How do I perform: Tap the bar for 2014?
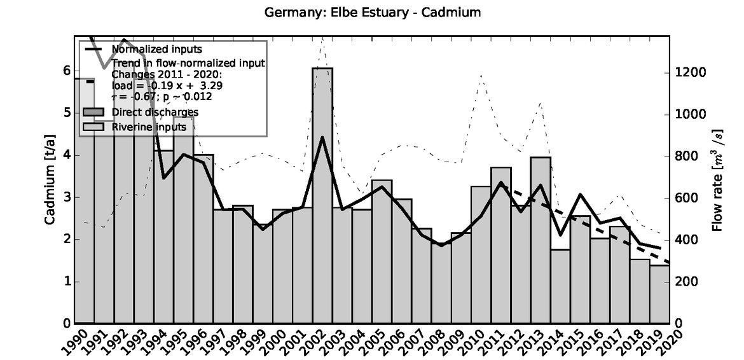[x=559, y=286]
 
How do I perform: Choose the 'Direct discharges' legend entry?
[x=155, y=112]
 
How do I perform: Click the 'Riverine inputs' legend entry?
[x=149, y=126]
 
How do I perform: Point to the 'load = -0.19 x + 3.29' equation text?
[x=167, y=85]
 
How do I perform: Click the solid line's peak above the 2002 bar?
[x=322, y=137]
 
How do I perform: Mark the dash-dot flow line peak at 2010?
[x=481, y=75]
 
